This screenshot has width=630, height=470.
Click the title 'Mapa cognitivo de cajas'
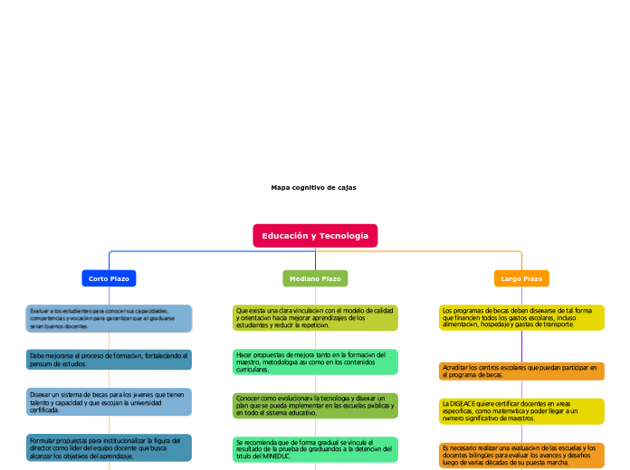click(x=313, y=187)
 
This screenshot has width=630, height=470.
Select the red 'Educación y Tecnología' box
click(x=315, y=236)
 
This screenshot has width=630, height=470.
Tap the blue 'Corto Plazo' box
click(x=109, y=279)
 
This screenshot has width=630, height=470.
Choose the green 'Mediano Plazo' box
click(x=315, y=279)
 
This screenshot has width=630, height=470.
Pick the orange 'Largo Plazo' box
click(x=521, y=279)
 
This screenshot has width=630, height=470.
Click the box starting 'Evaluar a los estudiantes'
click(x=109, y=318)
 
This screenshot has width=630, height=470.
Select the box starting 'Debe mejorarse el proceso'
click(x=109, y=360)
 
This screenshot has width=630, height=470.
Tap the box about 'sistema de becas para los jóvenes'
click(x=109, y=401)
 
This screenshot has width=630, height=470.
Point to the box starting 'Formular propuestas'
click(x=109, y=447)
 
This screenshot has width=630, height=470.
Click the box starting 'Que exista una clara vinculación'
click(x=315, y=318)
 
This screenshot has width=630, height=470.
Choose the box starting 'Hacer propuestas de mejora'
click(x=315, y=362)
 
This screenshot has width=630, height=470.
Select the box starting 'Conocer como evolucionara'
click(x=315, y=406)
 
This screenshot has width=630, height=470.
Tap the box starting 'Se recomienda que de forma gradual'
click(x=315, y=449)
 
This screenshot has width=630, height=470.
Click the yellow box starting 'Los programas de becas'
click(x=521, y=318)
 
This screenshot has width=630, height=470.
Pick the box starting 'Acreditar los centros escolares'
click(x=521, y=371)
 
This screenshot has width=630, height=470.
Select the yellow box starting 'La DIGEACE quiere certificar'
click(x=521, y=411)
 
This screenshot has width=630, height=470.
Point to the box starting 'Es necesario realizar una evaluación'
click(x=521, y=455)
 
